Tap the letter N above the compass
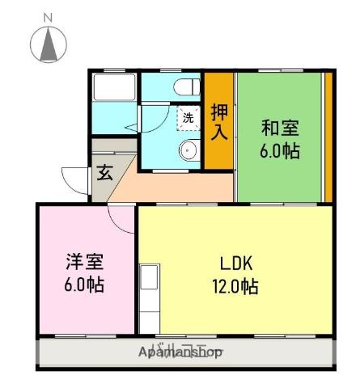48,16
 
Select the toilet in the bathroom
185,86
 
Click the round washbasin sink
189,150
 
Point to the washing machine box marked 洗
188,118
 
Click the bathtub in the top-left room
113,88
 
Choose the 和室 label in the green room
279,129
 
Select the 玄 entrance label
105,172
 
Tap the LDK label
237,264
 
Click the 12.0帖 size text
237,286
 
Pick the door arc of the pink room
121,217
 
